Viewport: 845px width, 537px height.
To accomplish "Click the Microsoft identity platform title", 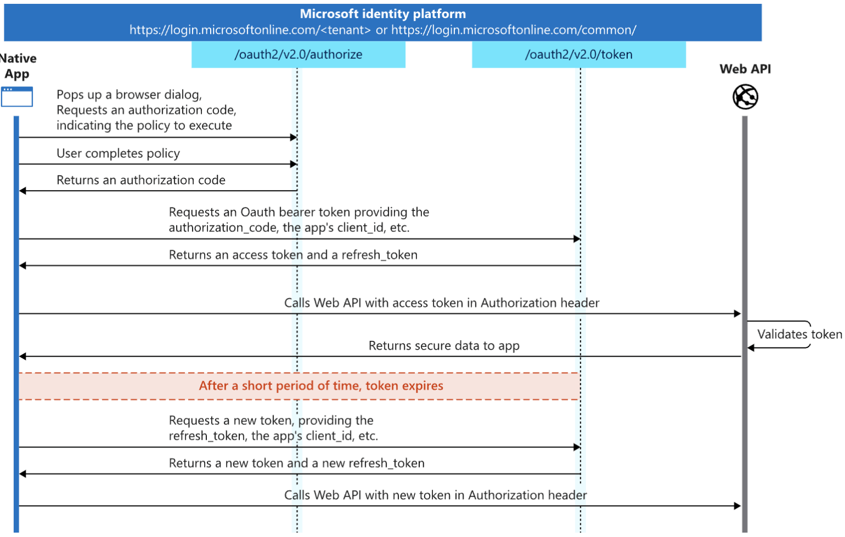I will pyautogui.click(x=382, y=14).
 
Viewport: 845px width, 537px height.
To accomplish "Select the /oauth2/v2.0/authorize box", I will pyautogui.click(x=298, y=54).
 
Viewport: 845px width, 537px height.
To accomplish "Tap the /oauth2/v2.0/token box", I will pyautogui.click(x=579, y=54).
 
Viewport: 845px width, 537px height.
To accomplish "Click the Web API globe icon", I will pyautogui.click(x=745, y=97).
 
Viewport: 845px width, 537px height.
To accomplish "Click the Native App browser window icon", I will pyautogui.click(x=17, y=97).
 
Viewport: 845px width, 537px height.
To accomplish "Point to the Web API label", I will pyautogui.click(x=745, y=69).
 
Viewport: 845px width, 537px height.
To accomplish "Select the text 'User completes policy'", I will pyautogui.click(x=118, y=153).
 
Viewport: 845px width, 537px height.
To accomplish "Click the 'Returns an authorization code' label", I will pyautogui.click(x=141, y=180).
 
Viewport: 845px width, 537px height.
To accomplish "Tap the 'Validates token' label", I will pyautogui.click(x=799, y=334).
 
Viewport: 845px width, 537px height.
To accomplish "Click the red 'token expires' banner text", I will pyautogui.click(x=321, y=386).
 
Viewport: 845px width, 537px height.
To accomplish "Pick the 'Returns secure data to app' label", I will pyautogui.click(x=443, y=346).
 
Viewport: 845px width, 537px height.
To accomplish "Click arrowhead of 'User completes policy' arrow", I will pyautogui.click(x=294, y=164).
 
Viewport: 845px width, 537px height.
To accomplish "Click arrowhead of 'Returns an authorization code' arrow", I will pyautogui.click(x=23, y=191).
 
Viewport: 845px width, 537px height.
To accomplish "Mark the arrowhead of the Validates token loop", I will pyautogui.click(x=750, y=347).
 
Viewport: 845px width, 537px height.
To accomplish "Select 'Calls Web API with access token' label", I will pyautogui.click(x=441, y=303).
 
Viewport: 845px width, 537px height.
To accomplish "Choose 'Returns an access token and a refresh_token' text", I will pyautogui.click(x=293, y=255).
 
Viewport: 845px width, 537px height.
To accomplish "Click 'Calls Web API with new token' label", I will pyautogui.click(x=435, y=495).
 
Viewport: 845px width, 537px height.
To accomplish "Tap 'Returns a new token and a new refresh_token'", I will pyautogui.click(x=297, y=463).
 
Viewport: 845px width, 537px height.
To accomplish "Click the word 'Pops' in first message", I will pyautogui.click(x=70, y=95).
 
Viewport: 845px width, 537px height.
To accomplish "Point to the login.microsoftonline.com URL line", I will pyautogui.click(x=382, y=30).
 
